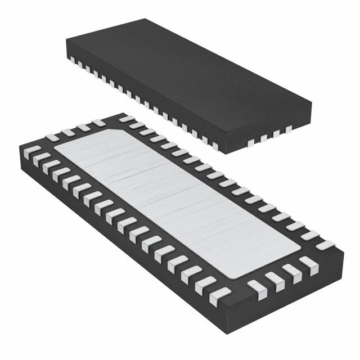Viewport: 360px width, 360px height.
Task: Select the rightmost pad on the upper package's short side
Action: [289, 129]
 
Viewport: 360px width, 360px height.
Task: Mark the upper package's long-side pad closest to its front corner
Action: [215, 146]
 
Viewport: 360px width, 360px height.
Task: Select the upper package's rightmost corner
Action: [311, 103]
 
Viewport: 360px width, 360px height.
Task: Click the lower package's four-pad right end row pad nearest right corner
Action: [308, 262]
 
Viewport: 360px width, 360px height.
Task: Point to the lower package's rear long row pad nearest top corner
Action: [126, 119]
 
